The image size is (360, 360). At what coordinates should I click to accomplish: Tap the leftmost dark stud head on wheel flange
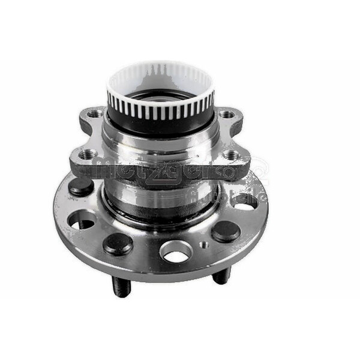click(80, 187)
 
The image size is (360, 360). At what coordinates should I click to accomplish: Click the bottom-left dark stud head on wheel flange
click(118, 242)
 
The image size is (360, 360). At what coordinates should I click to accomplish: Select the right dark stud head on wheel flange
click(226, 231)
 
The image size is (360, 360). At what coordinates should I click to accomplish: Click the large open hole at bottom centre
click(176, 251)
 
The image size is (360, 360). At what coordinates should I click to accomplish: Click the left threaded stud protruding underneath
click(121, 287)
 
